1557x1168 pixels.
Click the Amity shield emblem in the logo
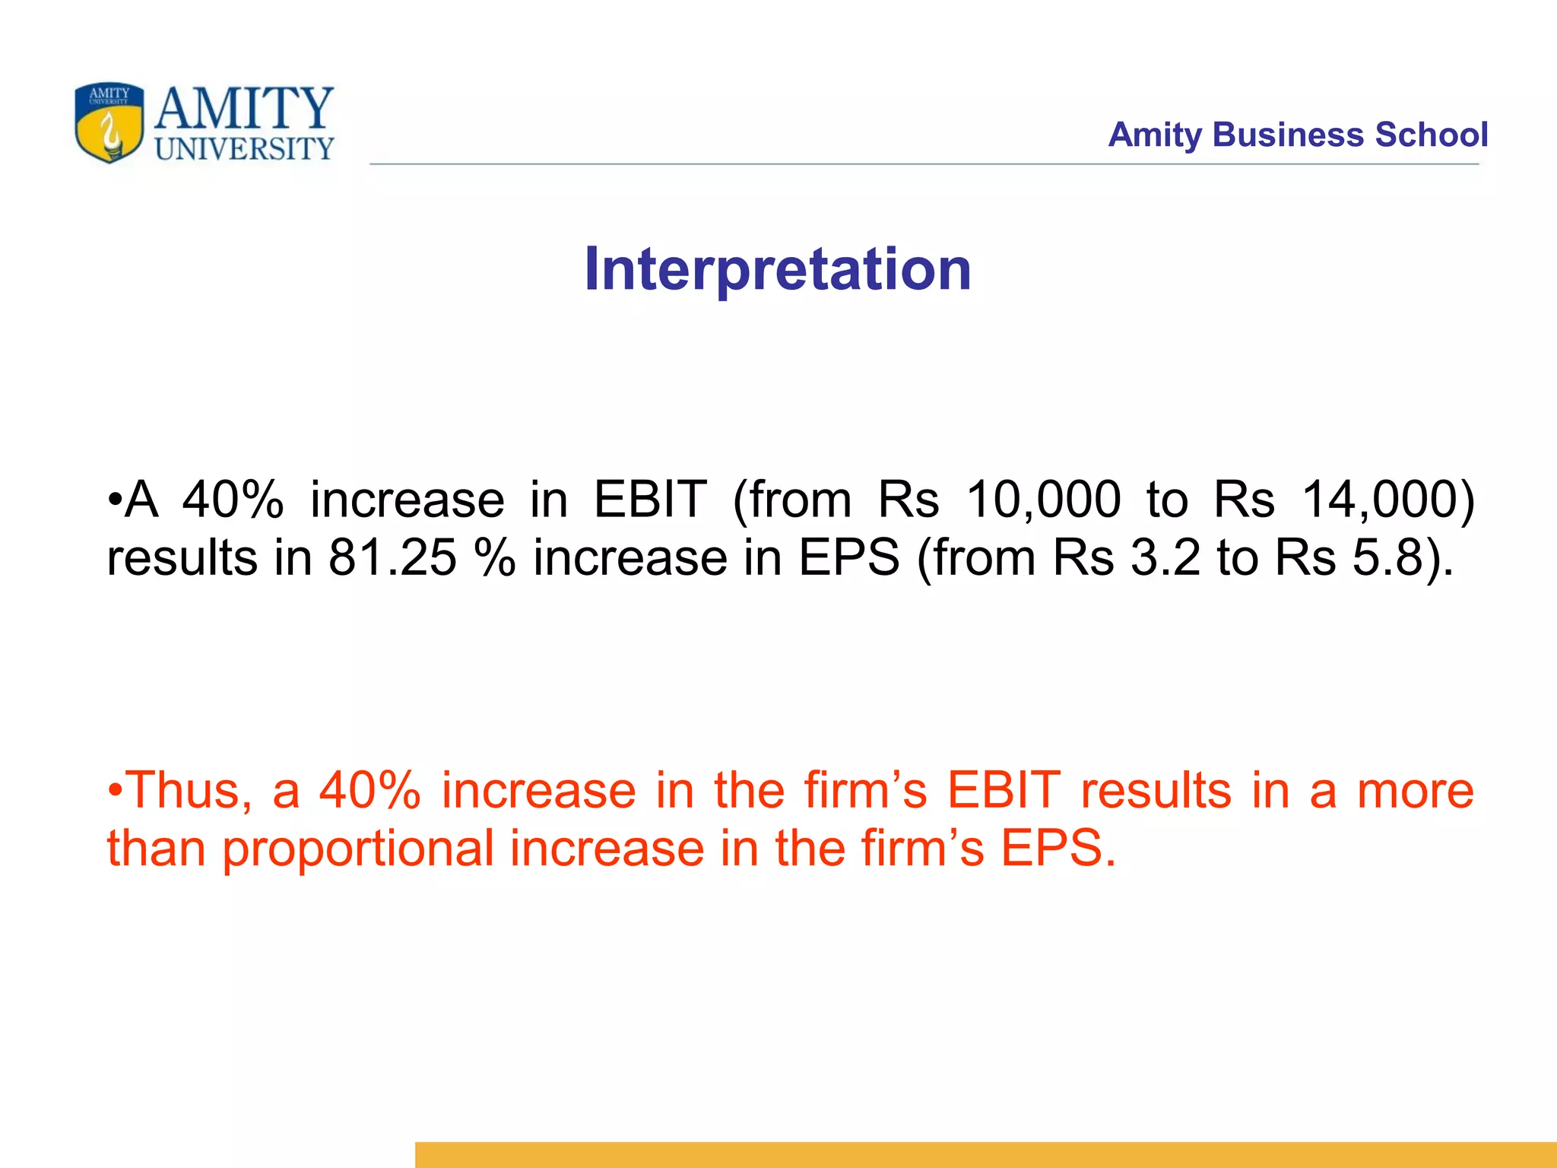[109, 122]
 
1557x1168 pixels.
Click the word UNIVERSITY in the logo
[244, 148]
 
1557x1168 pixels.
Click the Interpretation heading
[778, 269]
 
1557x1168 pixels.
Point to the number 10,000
[1043, 500]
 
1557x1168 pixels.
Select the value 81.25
[392, 558]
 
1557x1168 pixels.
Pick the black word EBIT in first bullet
[650, 500]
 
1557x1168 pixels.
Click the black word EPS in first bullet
[849, 558]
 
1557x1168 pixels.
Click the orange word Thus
[186, 791]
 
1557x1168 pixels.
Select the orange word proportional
[357, 849]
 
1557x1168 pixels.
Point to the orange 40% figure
[370, 791]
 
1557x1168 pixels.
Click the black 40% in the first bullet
[233, 500]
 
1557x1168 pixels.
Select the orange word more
[1416, 791]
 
